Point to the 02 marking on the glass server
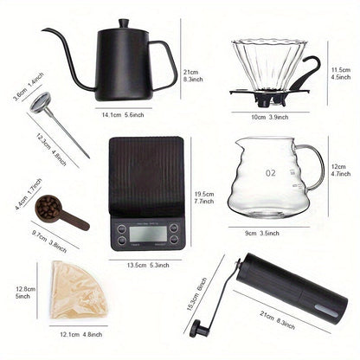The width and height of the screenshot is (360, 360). pos(271,172)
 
